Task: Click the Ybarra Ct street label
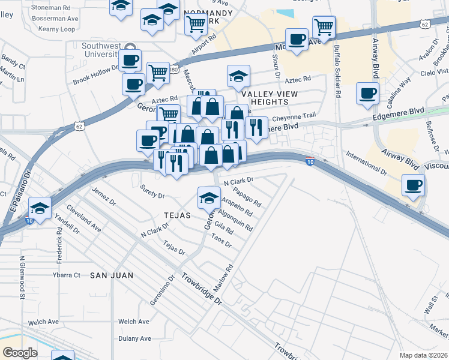[x=67, y=275]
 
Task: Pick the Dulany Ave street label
[x=133, y=338]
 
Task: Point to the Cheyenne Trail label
[x=294, y=116]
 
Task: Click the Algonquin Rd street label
[x=235, y=221]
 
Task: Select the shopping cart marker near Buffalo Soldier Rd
[x=324, y=27]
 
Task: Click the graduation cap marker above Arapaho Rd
[x=208, y=197]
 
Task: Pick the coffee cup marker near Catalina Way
[x=367, y=93]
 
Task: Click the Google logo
[x=20, y=353]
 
